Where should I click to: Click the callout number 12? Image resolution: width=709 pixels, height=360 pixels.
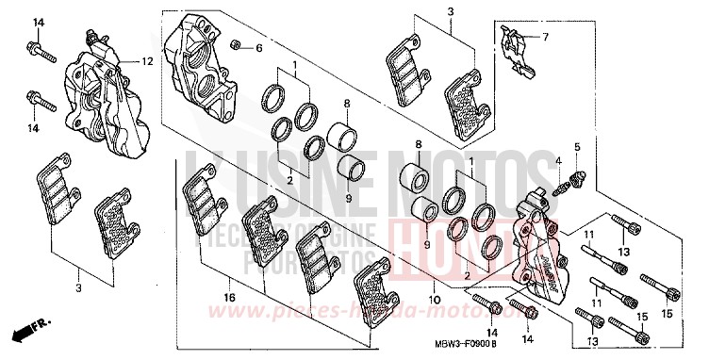pos(147,61)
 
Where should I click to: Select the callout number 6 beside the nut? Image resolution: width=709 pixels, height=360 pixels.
pos(260,48)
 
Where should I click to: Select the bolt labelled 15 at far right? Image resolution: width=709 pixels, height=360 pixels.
pos(653,282)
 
